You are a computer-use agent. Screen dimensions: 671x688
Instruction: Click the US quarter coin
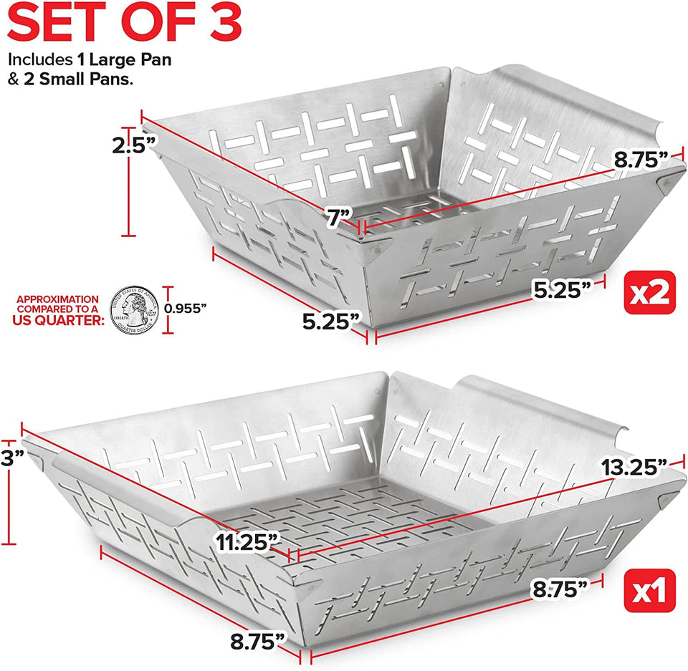click(134, 309)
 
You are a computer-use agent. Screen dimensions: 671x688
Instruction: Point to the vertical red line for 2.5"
click(129, 187)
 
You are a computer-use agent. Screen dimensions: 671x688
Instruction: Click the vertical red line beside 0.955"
click(169, 309)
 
